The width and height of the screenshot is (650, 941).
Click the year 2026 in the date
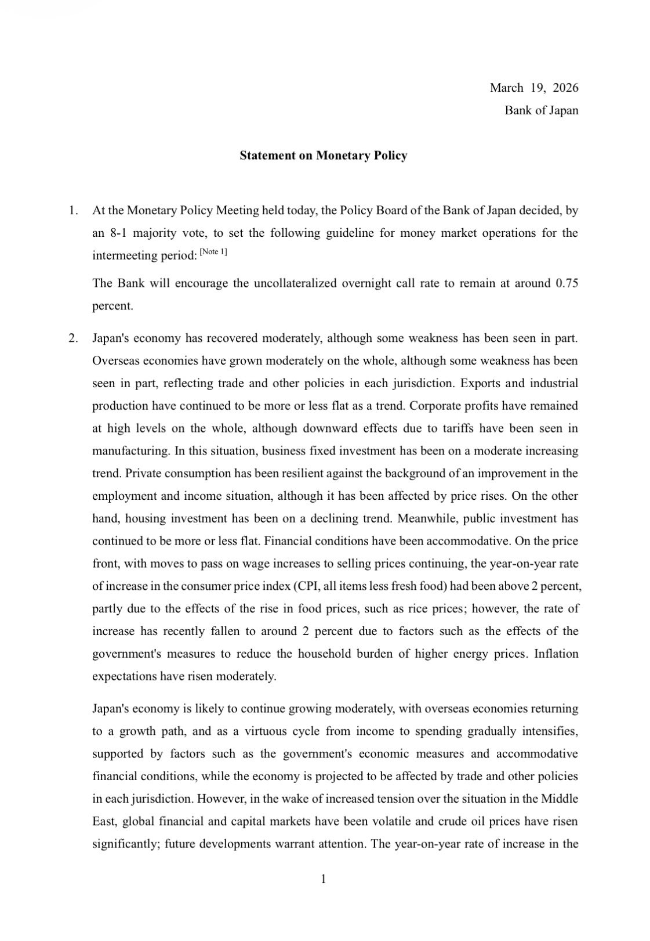point(565,88)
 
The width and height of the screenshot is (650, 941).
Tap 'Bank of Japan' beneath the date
point(541,110)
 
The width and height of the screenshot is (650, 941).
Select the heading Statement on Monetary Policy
point(323,156)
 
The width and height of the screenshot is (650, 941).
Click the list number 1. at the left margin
point(73,211)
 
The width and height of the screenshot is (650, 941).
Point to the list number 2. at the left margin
point(73,338)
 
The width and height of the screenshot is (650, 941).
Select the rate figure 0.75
point(567,283)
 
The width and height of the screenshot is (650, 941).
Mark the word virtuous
point(264,731)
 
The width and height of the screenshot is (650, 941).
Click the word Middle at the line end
point(559,799)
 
